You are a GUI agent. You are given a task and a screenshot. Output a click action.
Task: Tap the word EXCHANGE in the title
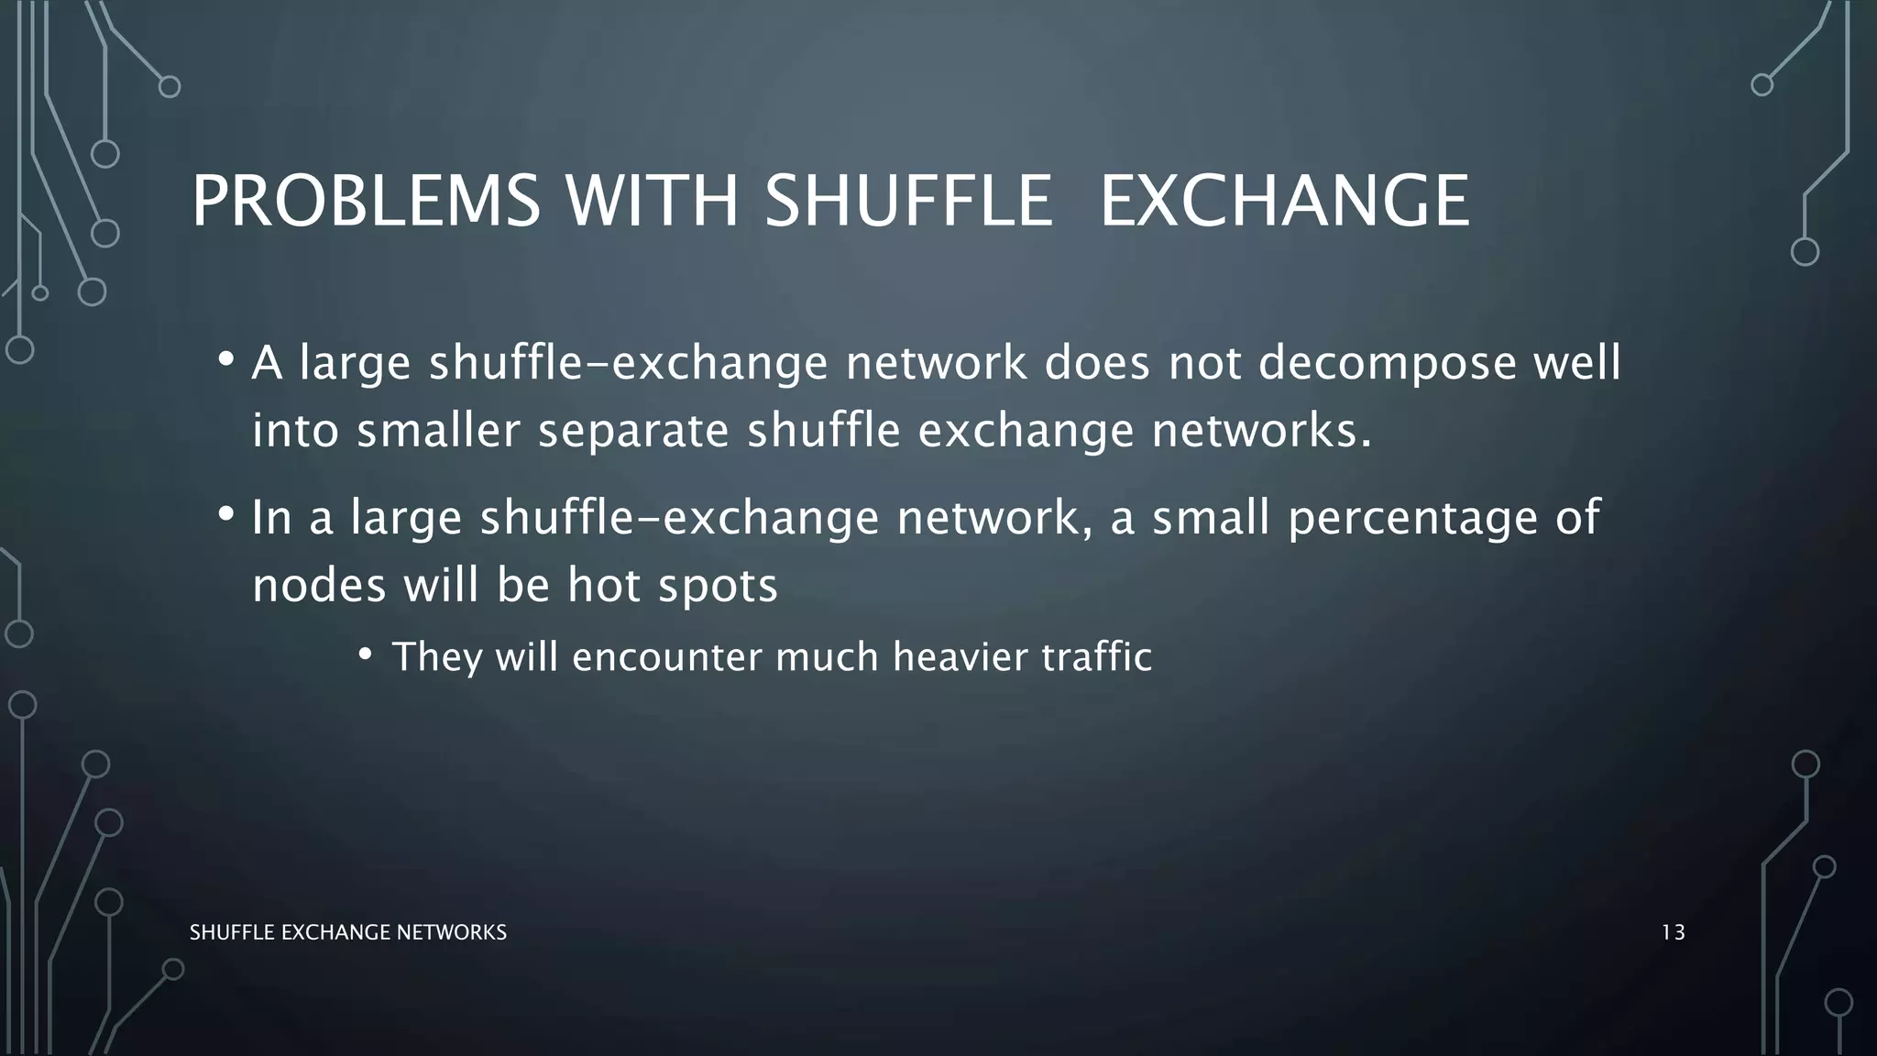[1284, 202]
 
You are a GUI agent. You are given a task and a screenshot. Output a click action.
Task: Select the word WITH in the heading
[652, 202]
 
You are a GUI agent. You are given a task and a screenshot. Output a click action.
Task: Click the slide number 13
[1673, 933]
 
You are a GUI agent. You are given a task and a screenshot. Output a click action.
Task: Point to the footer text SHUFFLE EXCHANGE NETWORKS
[347, 933]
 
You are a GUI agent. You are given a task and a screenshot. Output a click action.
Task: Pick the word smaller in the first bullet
[438, 431]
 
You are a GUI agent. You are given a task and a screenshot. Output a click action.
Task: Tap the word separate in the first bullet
[633, 431]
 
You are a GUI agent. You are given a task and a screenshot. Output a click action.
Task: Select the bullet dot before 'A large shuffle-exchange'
[225, 359]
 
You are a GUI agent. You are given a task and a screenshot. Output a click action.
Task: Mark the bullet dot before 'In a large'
[225, 514]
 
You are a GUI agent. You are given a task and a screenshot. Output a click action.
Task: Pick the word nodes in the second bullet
[320, 586]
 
